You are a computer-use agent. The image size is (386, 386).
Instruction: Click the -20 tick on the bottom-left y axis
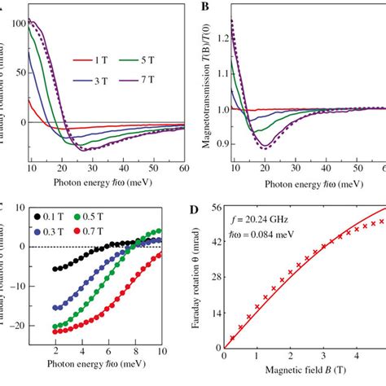tap(14, 328)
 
